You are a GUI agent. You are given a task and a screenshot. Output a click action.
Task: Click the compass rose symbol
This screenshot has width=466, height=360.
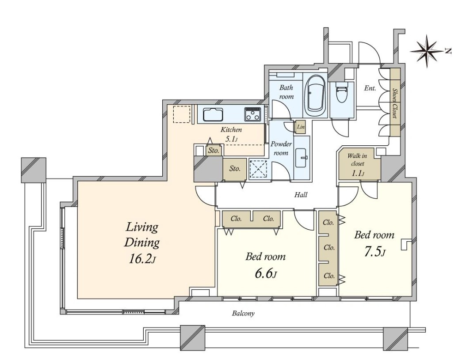[x=427, y=51]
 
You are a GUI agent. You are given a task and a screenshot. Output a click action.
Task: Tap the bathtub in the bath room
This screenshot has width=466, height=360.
[x=315, y=95]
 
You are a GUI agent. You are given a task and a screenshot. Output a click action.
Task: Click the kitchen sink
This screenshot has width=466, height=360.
[x=213, y=115]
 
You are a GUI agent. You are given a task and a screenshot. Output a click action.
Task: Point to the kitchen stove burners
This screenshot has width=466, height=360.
[x=253, y=114]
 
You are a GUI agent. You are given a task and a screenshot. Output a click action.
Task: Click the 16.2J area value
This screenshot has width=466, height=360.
[x=142, y=259]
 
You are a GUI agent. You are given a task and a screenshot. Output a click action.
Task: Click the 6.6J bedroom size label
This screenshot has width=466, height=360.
[x=266, y=273]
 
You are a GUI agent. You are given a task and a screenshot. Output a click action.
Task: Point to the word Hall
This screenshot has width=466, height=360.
[x=301, y=195]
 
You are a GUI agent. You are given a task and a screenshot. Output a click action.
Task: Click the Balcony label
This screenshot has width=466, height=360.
[x=244, y=313]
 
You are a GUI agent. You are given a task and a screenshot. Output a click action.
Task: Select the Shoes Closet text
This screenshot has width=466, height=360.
[x=395, y=103]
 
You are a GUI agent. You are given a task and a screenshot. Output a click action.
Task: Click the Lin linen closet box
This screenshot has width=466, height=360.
[x=301, y=127]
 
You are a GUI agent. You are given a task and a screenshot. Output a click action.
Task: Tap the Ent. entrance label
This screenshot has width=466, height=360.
[x=370, y=88]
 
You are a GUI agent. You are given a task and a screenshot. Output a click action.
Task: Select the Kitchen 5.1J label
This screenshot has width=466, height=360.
[x=231, y=134]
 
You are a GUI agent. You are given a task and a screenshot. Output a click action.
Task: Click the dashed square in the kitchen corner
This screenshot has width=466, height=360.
[x=181, y=114]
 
